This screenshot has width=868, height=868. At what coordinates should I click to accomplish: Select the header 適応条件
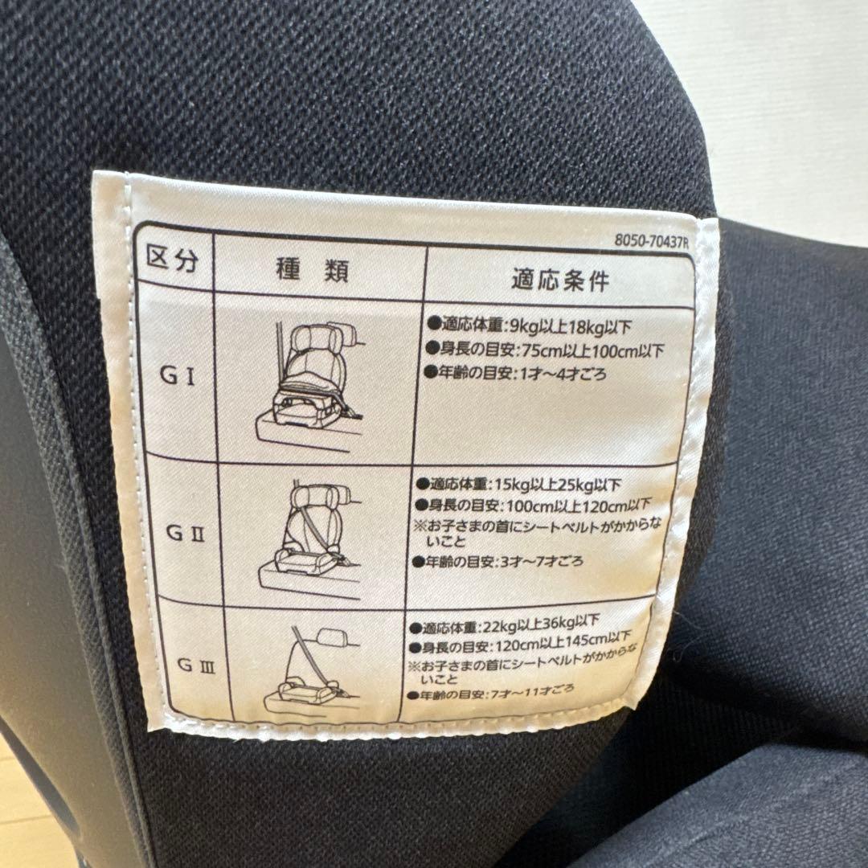[x=560, y=280]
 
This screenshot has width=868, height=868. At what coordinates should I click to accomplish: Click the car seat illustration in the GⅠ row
[x=309, y=382]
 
